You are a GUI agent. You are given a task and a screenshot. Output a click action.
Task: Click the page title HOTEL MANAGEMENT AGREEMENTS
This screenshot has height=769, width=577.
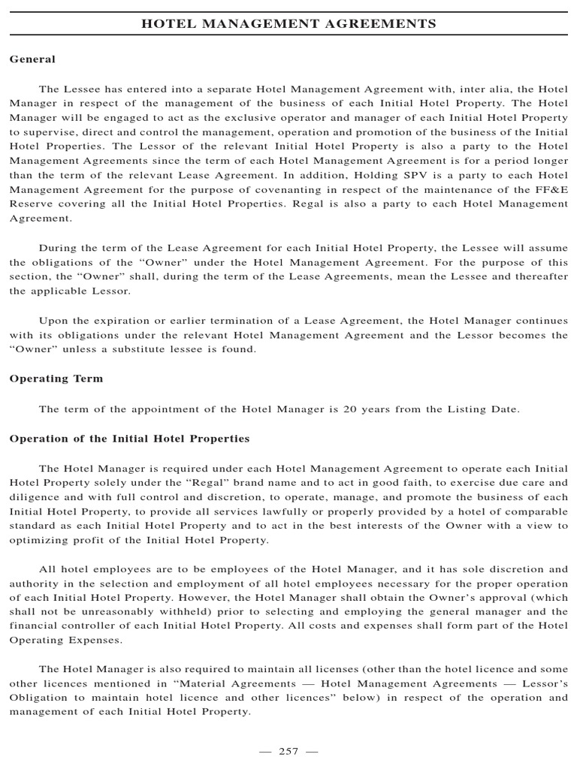pos(288,24)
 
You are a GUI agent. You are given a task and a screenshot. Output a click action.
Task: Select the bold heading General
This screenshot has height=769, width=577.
pos(32,59)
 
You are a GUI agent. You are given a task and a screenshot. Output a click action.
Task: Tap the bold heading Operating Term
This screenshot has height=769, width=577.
pos(56,378)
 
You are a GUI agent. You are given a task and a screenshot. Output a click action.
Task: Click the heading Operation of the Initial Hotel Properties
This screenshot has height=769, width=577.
pos(129,438)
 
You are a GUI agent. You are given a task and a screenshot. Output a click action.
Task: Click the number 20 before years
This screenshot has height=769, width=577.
pos(367,409)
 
